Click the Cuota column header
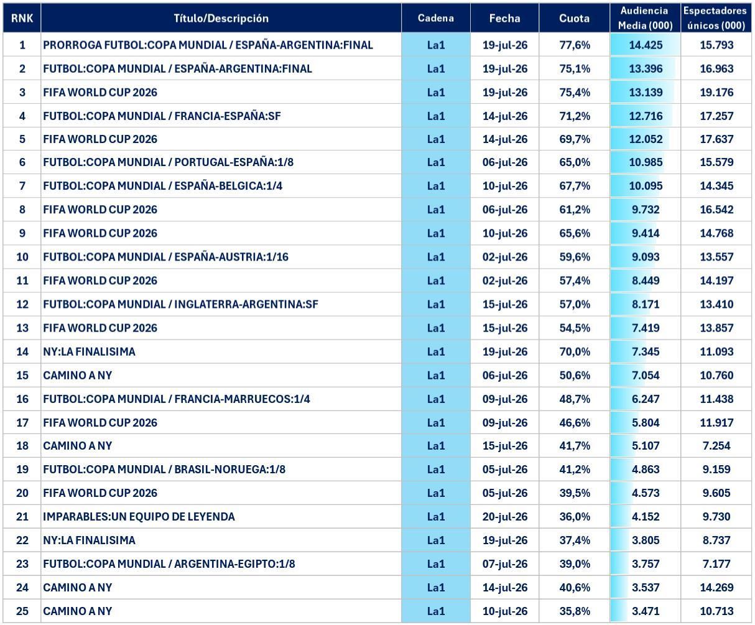[574, 18]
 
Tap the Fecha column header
[505, 18]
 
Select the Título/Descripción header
[221, 19]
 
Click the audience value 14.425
[646, 45]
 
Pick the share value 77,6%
[575, 45]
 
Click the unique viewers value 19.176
[716, 92]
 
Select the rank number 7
[22, 185]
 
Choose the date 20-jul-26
[505, 517]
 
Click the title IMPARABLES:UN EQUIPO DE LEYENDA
[139, 517]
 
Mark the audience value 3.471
[646, 611]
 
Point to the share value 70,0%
[575, 351]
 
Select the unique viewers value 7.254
[716, 446]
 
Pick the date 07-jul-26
[505, 563]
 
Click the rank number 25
[22, 611]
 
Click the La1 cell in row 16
[436, 399]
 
